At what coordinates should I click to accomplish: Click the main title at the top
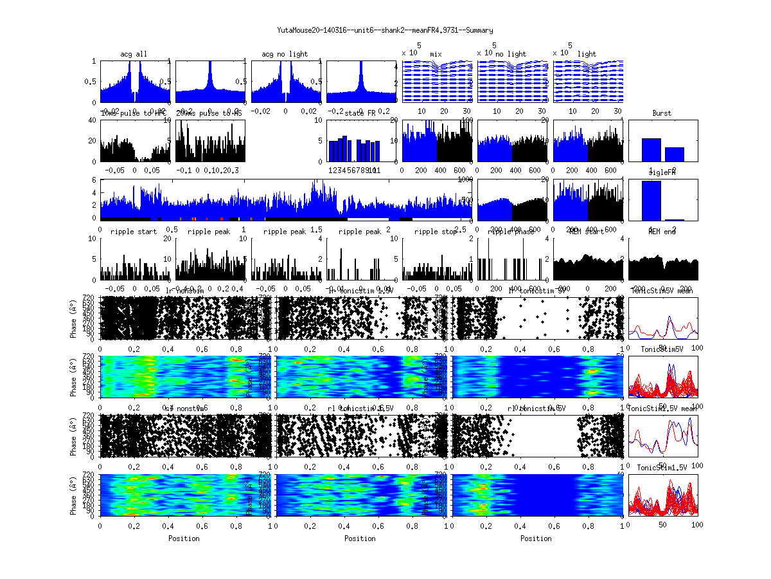[385, 30]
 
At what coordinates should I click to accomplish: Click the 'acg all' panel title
[134, 54]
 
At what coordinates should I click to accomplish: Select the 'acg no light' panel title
[285, 54]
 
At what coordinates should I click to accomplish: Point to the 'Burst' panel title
[662, 113]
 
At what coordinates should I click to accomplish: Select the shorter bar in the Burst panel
[674, 154]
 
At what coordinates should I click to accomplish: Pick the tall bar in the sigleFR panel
[651, 201]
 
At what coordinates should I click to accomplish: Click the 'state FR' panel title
[360, 113]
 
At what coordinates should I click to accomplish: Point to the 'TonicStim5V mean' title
[662, 291]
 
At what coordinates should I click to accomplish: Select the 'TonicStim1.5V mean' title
[662, 408]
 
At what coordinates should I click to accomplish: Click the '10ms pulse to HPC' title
[134, 113]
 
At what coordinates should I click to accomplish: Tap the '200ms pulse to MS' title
[209, 113]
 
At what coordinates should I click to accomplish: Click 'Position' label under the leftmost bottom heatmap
[184, 538]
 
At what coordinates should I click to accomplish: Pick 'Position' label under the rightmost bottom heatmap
[536, 538]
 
